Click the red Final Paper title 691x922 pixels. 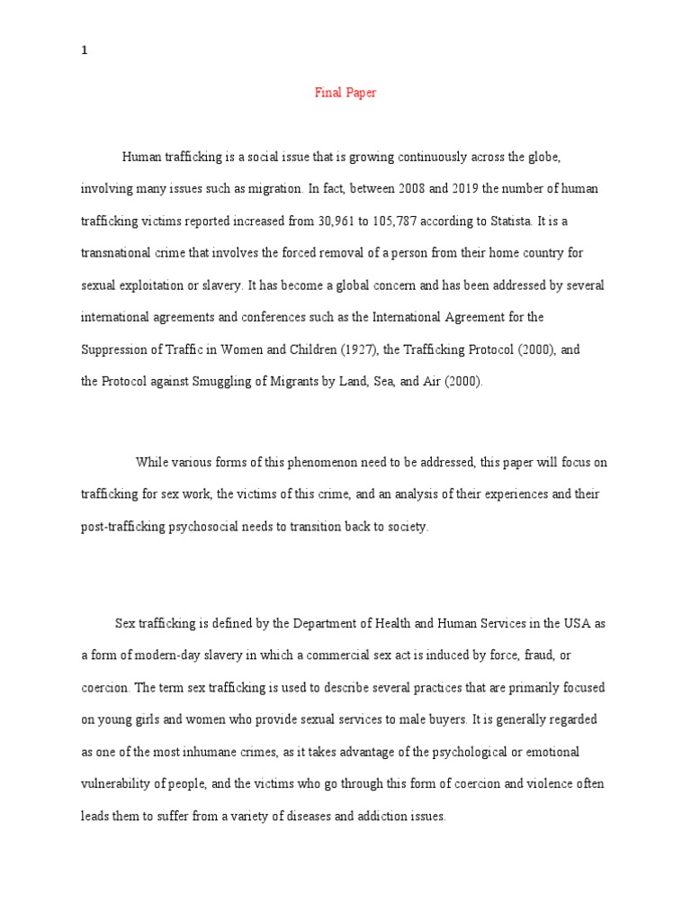345,94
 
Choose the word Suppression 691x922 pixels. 114,349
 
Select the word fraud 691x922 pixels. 560,655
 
